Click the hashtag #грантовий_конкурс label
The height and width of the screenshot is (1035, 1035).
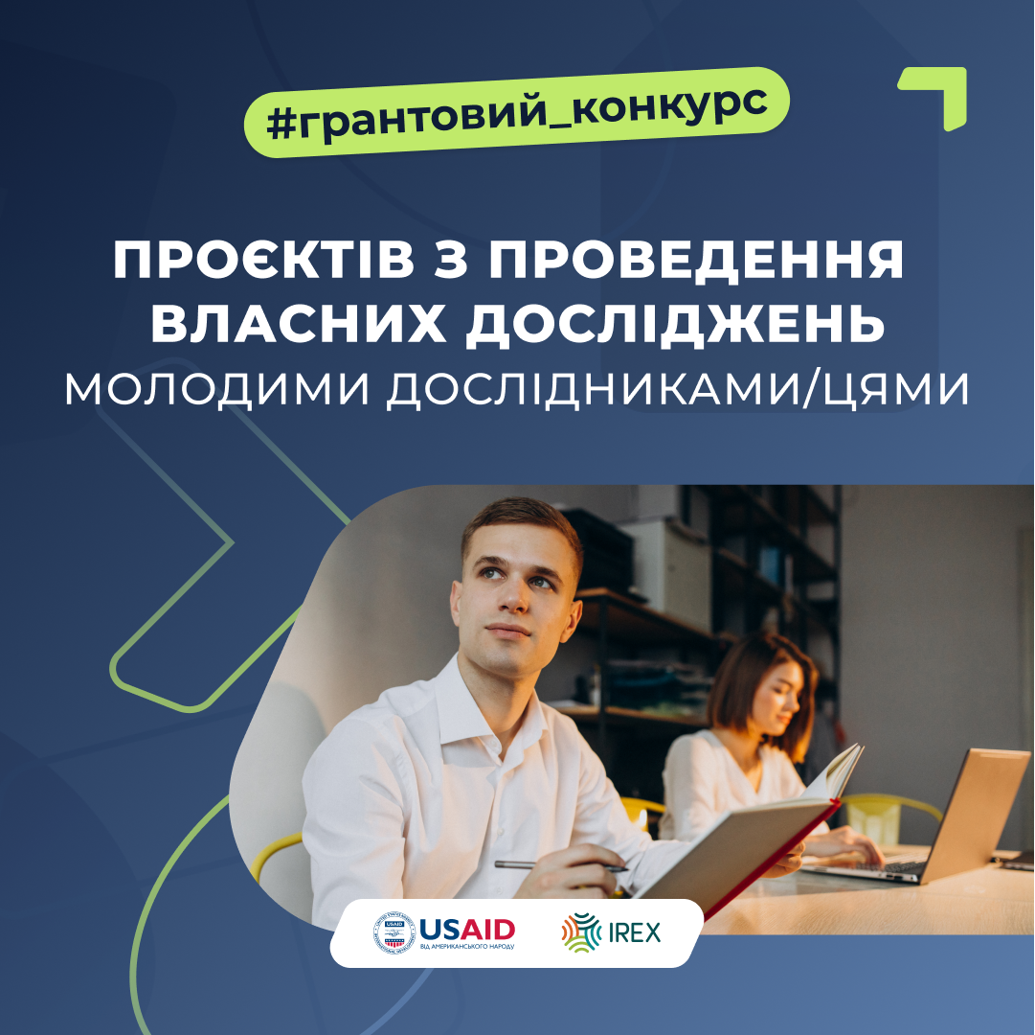517,111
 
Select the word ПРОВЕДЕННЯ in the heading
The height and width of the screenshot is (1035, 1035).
696,261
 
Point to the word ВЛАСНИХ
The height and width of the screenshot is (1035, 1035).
299,324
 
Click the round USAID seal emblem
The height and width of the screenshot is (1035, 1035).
394,931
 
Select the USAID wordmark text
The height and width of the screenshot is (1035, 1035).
467,930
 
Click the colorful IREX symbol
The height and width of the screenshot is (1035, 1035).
581,931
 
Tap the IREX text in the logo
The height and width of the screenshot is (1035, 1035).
635,932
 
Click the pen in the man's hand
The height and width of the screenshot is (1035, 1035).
561,865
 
